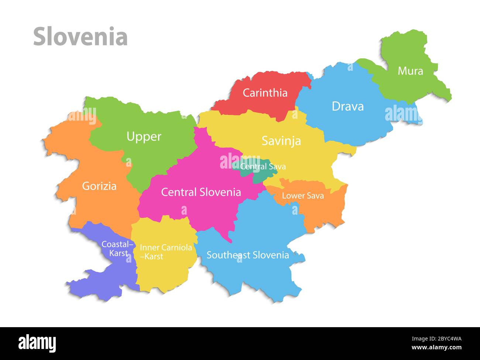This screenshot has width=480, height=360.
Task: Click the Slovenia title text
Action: coord(80,37)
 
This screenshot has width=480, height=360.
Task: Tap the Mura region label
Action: coord(410,70)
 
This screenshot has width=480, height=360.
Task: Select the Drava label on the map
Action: coord(347,106)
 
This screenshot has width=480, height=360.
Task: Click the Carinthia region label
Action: coord(265,93)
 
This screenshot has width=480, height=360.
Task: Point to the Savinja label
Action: coord(281,141)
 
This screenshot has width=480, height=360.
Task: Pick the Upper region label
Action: coord(144,136)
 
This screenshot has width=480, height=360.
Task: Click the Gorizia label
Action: coord(99,186)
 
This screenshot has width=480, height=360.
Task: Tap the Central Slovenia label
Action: coord(201,192)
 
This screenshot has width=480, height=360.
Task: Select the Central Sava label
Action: coord(263,166)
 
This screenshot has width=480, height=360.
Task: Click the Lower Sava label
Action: coord(303,195)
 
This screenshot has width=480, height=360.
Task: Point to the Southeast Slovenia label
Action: coord(247,255)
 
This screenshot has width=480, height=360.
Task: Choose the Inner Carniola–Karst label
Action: coord(165,252)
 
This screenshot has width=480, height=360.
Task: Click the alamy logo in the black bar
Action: coord(37,343)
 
